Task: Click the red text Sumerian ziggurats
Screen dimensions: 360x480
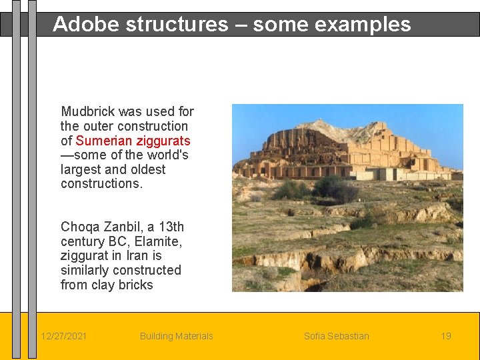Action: click(x=133, y=141)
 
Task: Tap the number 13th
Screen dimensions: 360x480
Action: click(x=171, y=227)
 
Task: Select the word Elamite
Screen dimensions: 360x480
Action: click(x=157, y=241)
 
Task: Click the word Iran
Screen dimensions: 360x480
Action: click(x=136, y=256)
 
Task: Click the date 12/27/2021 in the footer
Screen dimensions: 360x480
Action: click(x=63, y=336)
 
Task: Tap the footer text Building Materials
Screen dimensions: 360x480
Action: click(x=176, y=336)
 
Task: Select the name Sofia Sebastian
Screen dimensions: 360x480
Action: click(x=336, y=336)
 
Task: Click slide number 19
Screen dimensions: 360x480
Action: click(x=446, y=336)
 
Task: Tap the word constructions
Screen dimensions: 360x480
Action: click(x=101, y=183)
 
